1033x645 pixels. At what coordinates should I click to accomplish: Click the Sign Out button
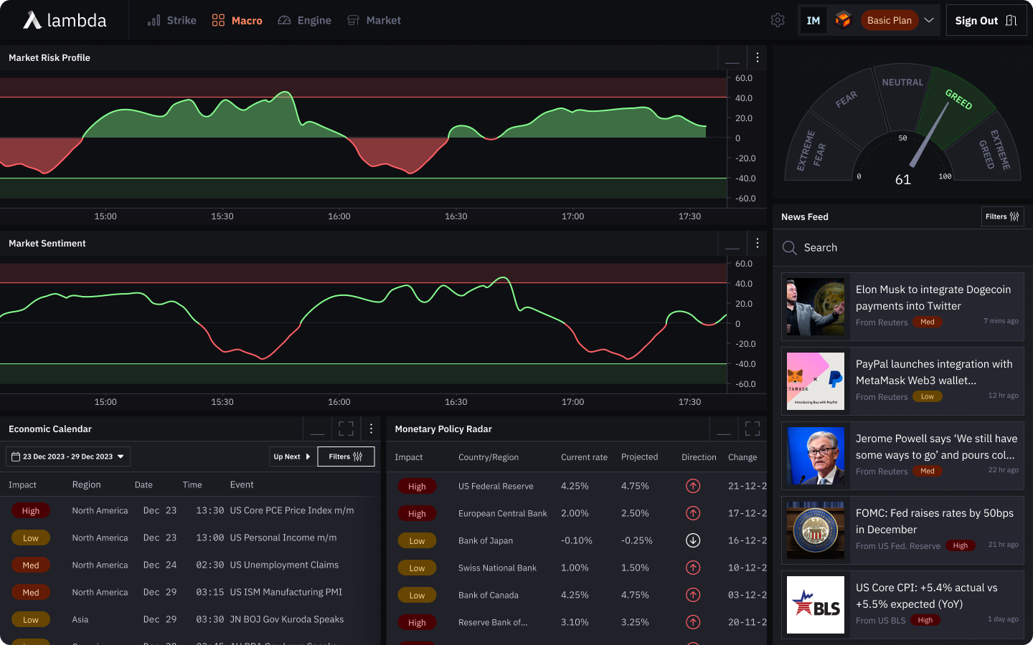986,21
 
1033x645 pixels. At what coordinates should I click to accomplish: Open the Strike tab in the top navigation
172,21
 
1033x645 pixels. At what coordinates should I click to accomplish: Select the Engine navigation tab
305,21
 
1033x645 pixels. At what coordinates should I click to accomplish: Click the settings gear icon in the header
778,21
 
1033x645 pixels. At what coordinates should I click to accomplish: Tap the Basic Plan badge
889,21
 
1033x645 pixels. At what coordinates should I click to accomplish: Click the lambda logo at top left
65,21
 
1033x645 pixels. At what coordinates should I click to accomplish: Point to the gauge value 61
903,180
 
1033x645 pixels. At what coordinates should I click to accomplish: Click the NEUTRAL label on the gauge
902,82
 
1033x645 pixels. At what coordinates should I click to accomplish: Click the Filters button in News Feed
1002,216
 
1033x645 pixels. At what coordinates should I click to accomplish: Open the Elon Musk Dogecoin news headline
933,297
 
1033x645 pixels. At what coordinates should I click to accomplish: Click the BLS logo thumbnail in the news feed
816,605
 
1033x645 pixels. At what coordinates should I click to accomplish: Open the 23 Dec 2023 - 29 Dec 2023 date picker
68,457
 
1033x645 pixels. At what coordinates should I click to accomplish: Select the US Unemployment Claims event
284,565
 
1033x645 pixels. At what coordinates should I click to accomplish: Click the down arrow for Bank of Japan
693,540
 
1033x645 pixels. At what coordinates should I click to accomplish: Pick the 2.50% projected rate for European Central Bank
635,513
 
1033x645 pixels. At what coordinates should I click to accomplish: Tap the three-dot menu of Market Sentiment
758,243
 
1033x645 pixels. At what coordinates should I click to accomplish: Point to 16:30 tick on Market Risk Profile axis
456,216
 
